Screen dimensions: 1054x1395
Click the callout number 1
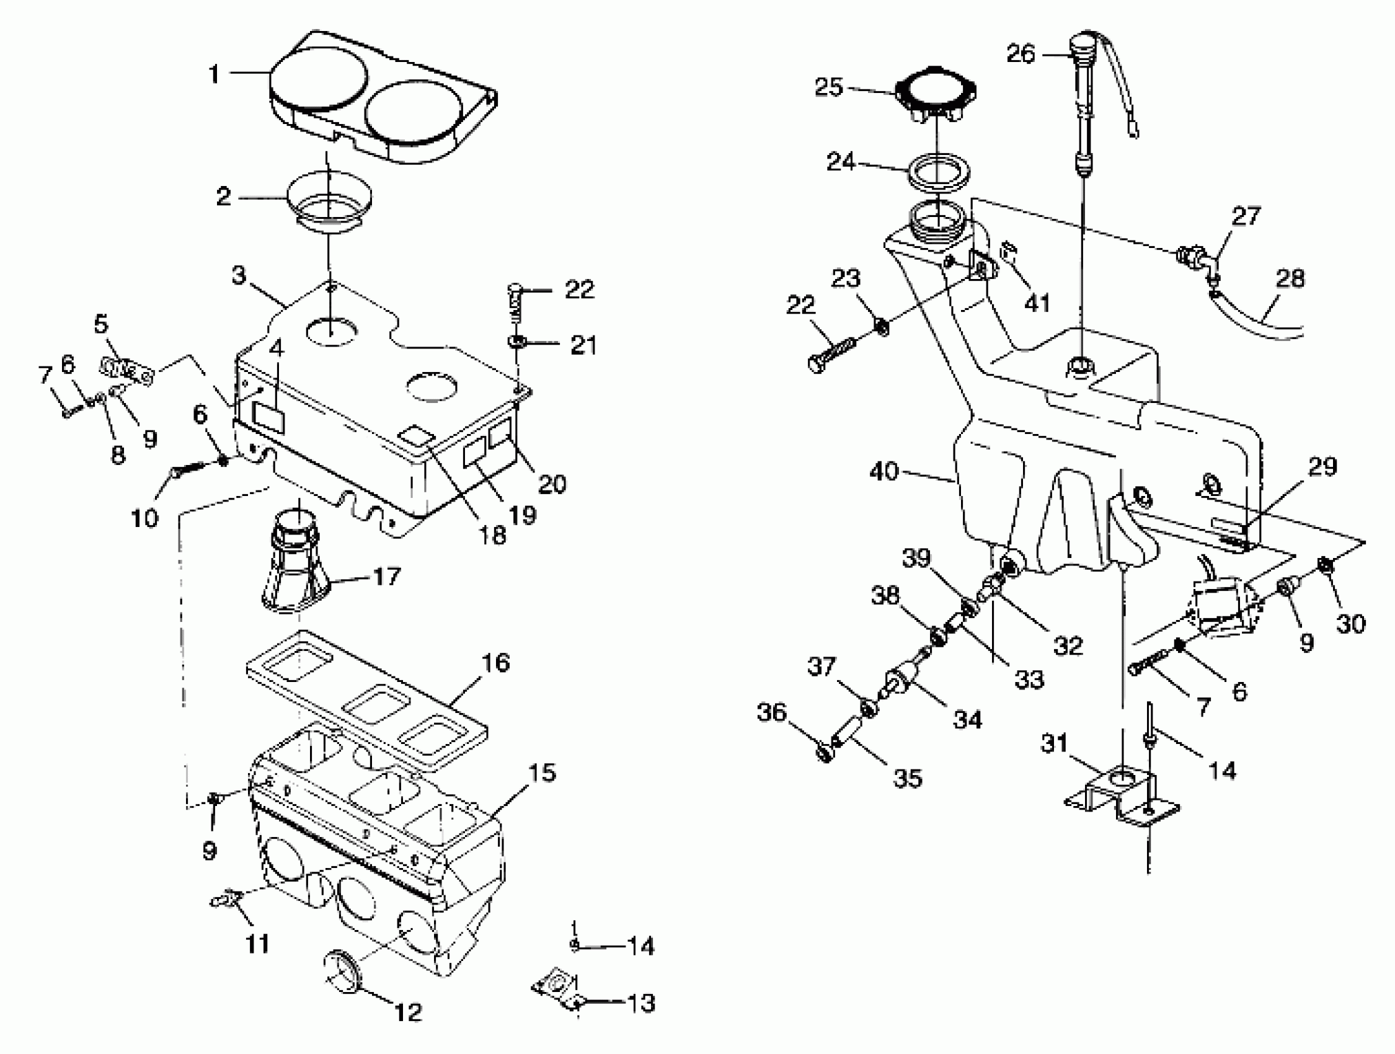pyautogui.click(x=214, y=74)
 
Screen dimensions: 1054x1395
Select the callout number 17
pyautogui.click(x=387, y=575)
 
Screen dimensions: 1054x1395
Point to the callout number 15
pyautogui.click(x=541, y=772)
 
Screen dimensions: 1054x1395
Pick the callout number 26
pyautogui.click(x=1021, y=53)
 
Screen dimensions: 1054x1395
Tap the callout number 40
pyautogui.click(x=883, y=471)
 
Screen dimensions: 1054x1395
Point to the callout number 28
pyautogui.click(x=1290, y=278)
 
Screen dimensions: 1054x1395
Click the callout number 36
pyautogui.click(x=772, y=713)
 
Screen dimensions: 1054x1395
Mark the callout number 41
pyautogui.click(x=1037, y=303)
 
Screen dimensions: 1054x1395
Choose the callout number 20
pyautogui.click(x=552, y=484)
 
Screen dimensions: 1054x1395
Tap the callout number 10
pyautogui.click(x=144, y=518)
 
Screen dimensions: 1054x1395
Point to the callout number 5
pyautogui.click(x=101, y=325)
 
